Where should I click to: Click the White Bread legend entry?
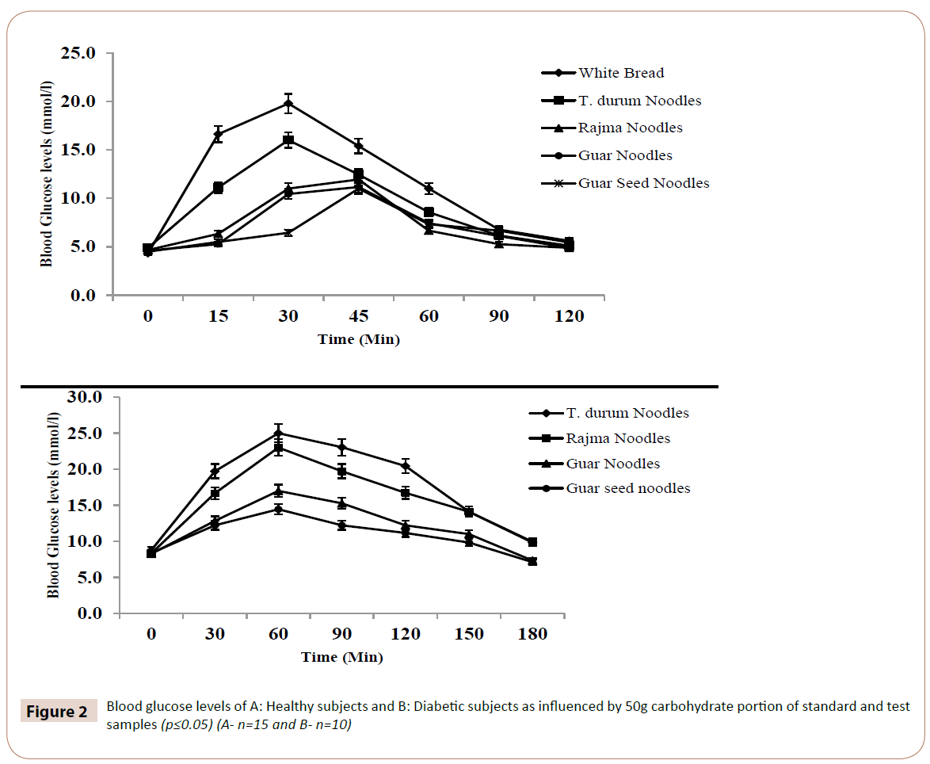pos(621,73)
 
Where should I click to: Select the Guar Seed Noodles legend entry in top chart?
pos(643,183)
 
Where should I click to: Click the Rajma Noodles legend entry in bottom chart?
pos(618,438)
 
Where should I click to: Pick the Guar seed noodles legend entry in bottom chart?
pos(627,488)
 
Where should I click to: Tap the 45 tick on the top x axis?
pos(359,316)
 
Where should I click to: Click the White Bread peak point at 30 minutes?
pos(288,103)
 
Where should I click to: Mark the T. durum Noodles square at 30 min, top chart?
pos(288,140)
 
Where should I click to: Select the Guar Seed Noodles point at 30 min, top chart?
pos(288,232)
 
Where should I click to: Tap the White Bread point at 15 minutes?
pos(218,135)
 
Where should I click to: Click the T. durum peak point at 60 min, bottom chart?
pos(278,433)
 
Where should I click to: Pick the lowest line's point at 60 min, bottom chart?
pos(278,509)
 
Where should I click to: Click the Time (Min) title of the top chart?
pos(359,339)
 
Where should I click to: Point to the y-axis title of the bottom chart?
pos(52,506)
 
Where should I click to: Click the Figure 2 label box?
pos(57,711)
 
